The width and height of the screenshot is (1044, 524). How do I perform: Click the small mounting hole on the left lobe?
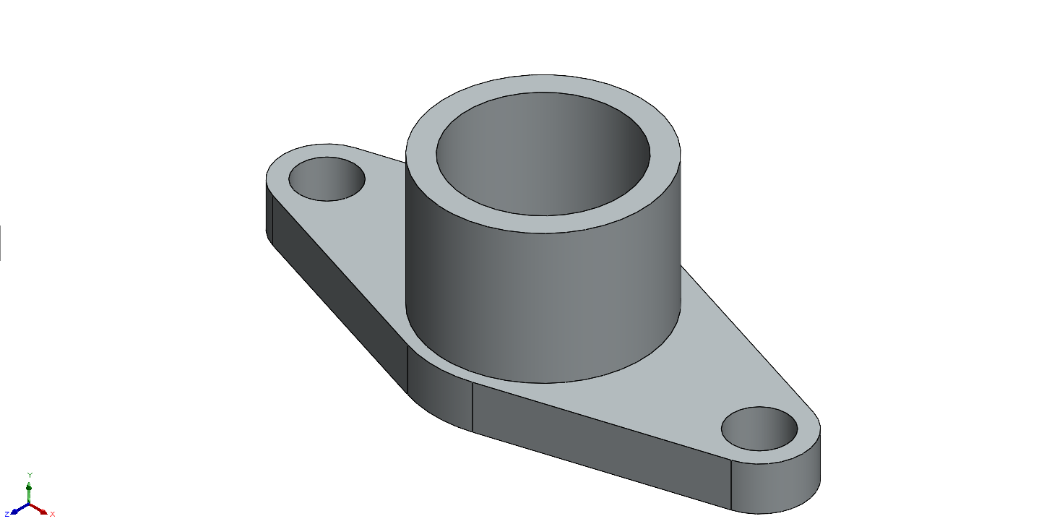pyautogui.click(x=327, y=179)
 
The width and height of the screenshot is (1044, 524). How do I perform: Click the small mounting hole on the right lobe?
pyautogui.click(x=759, y=429)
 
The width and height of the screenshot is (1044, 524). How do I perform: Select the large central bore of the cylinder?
pyautogui.click(x=543, y=154)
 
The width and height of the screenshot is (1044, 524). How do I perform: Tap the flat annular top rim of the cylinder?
pyautogui.click(x=543, y=224)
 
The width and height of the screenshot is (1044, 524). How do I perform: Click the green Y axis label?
pyautogui.click(x=30, y=475)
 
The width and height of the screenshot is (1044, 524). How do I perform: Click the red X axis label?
pyautogui.click(x=52, y=514)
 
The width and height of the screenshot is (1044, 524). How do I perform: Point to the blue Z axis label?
pyautogui.click(x=7, y=514)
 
